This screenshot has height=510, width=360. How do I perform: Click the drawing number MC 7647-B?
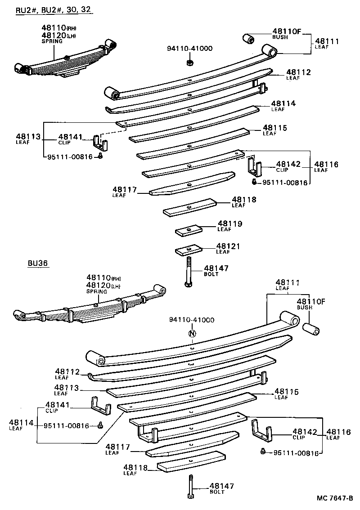[x=335, y=498]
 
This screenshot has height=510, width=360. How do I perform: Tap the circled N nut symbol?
[x=192, y=334]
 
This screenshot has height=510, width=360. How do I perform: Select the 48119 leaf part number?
[x=230, y=224]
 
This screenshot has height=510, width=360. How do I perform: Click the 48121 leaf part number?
[x=228, y=246]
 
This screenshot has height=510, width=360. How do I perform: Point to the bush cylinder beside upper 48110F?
[x=250, y=38]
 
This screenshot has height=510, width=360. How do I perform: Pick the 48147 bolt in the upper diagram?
[x=189, y=272]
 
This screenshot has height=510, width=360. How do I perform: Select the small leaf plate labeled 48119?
[x=189, y=230]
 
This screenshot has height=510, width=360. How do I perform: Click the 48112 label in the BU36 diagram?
[x=67, y=372]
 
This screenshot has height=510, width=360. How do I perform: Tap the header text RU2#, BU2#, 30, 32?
[x=54, y=9]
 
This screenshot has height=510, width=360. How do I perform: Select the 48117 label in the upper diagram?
[x=125, y=190]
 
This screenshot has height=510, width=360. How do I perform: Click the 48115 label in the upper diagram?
[x=275, y=128]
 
